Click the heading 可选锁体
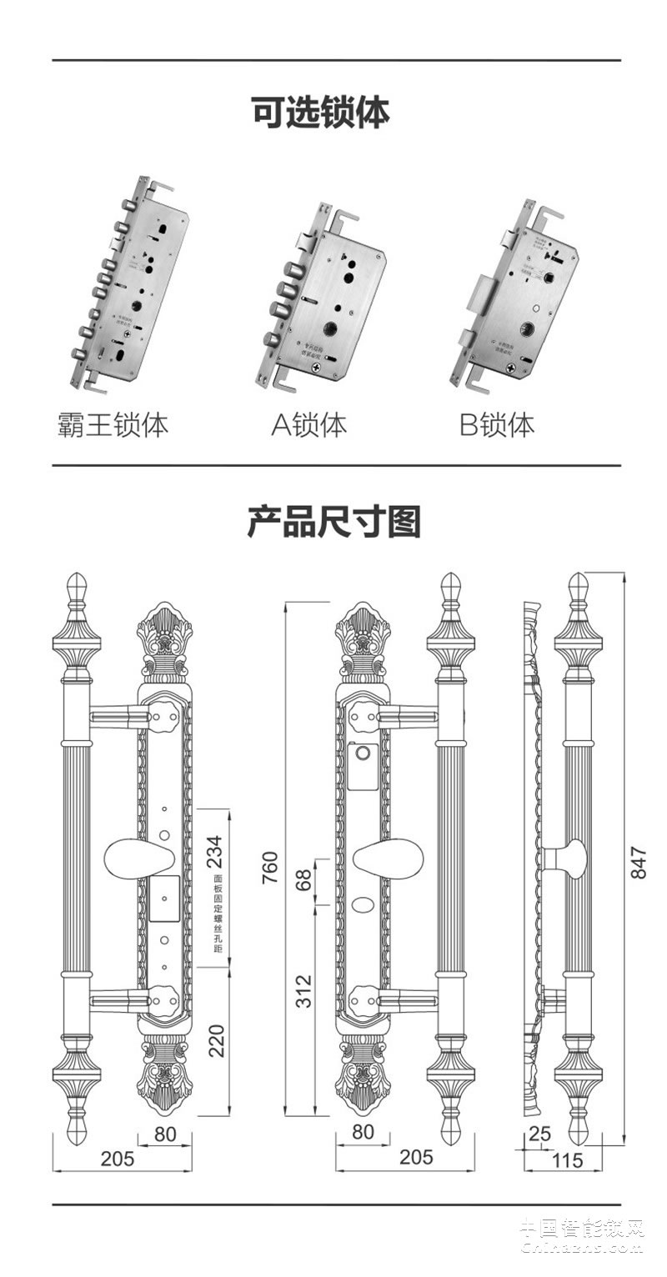(x=321, y=112)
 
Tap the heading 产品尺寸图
(x=333, y=521)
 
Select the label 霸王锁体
(x=113, y=424)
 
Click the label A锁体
(x=309, y=424)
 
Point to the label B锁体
(x=497, y=424)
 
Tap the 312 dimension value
(x=304, y=991)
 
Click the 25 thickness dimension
(x=540, y=1134)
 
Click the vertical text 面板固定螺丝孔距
(x=218, y=914)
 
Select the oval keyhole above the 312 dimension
(x=363, y=904)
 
